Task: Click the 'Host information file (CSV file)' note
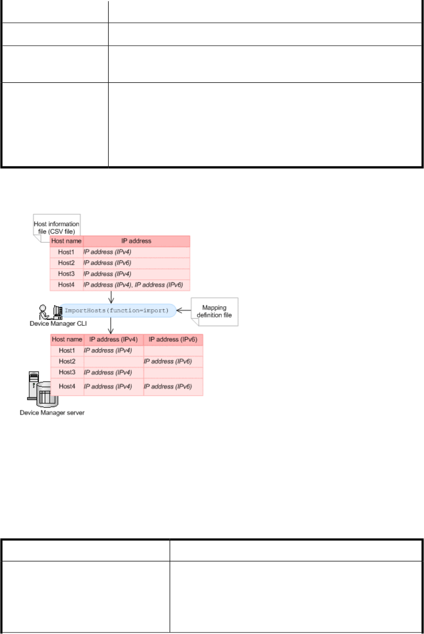point(57,228)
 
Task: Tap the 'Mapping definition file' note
point(214,312)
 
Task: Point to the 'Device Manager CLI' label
point(58,323)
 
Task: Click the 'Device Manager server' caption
point(52,412)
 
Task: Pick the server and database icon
point(43,389)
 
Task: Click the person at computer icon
point(51,312)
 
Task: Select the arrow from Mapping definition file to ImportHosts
point(184,311)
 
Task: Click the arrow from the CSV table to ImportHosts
point(111,297)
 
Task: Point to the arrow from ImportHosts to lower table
point(111,326)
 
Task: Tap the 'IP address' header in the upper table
point(136,241)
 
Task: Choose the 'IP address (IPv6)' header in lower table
point(173,340)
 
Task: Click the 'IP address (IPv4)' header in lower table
point(114,340)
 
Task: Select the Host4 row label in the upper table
point(67,285)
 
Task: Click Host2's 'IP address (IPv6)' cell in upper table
point(136,263)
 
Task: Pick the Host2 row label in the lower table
point(67,361)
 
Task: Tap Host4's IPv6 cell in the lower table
point(173,387)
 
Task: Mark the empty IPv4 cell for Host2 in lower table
point(114,361)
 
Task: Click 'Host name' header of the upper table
point(67,241)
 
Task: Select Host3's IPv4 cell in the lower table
point(114,373)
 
